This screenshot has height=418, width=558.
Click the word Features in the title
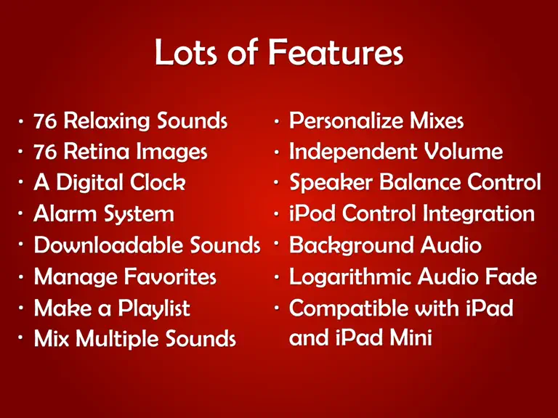[x=336, y=52]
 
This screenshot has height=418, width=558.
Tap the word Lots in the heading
[x=186, y=52]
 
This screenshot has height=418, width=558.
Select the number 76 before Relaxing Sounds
[x=45, y=121]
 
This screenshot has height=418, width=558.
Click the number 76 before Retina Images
[x=45, y=152]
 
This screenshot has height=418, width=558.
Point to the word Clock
[x=157, y=183]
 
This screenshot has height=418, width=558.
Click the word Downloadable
[x=108, y=245]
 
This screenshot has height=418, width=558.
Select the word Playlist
[x=154, y=308]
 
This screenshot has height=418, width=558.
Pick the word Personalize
[x=346, y=121]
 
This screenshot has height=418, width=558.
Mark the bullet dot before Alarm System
[x=20, y=213]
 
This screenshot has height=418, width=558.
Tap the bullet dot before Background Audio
[x=277, y=244]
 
